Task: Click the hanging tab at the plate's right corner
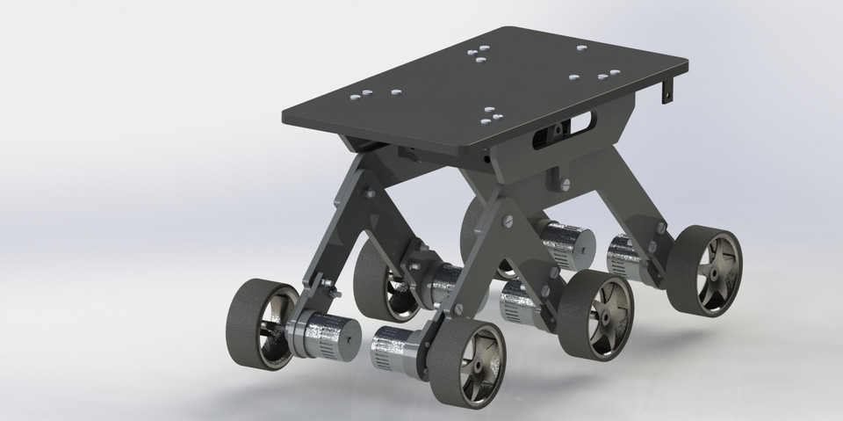670,90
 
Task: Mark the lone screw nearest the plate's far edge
580,47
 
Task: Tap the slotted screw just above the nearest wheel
458,309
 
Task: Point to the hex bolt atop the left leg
368,192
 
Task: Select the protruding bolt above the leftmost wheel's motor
324,285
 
